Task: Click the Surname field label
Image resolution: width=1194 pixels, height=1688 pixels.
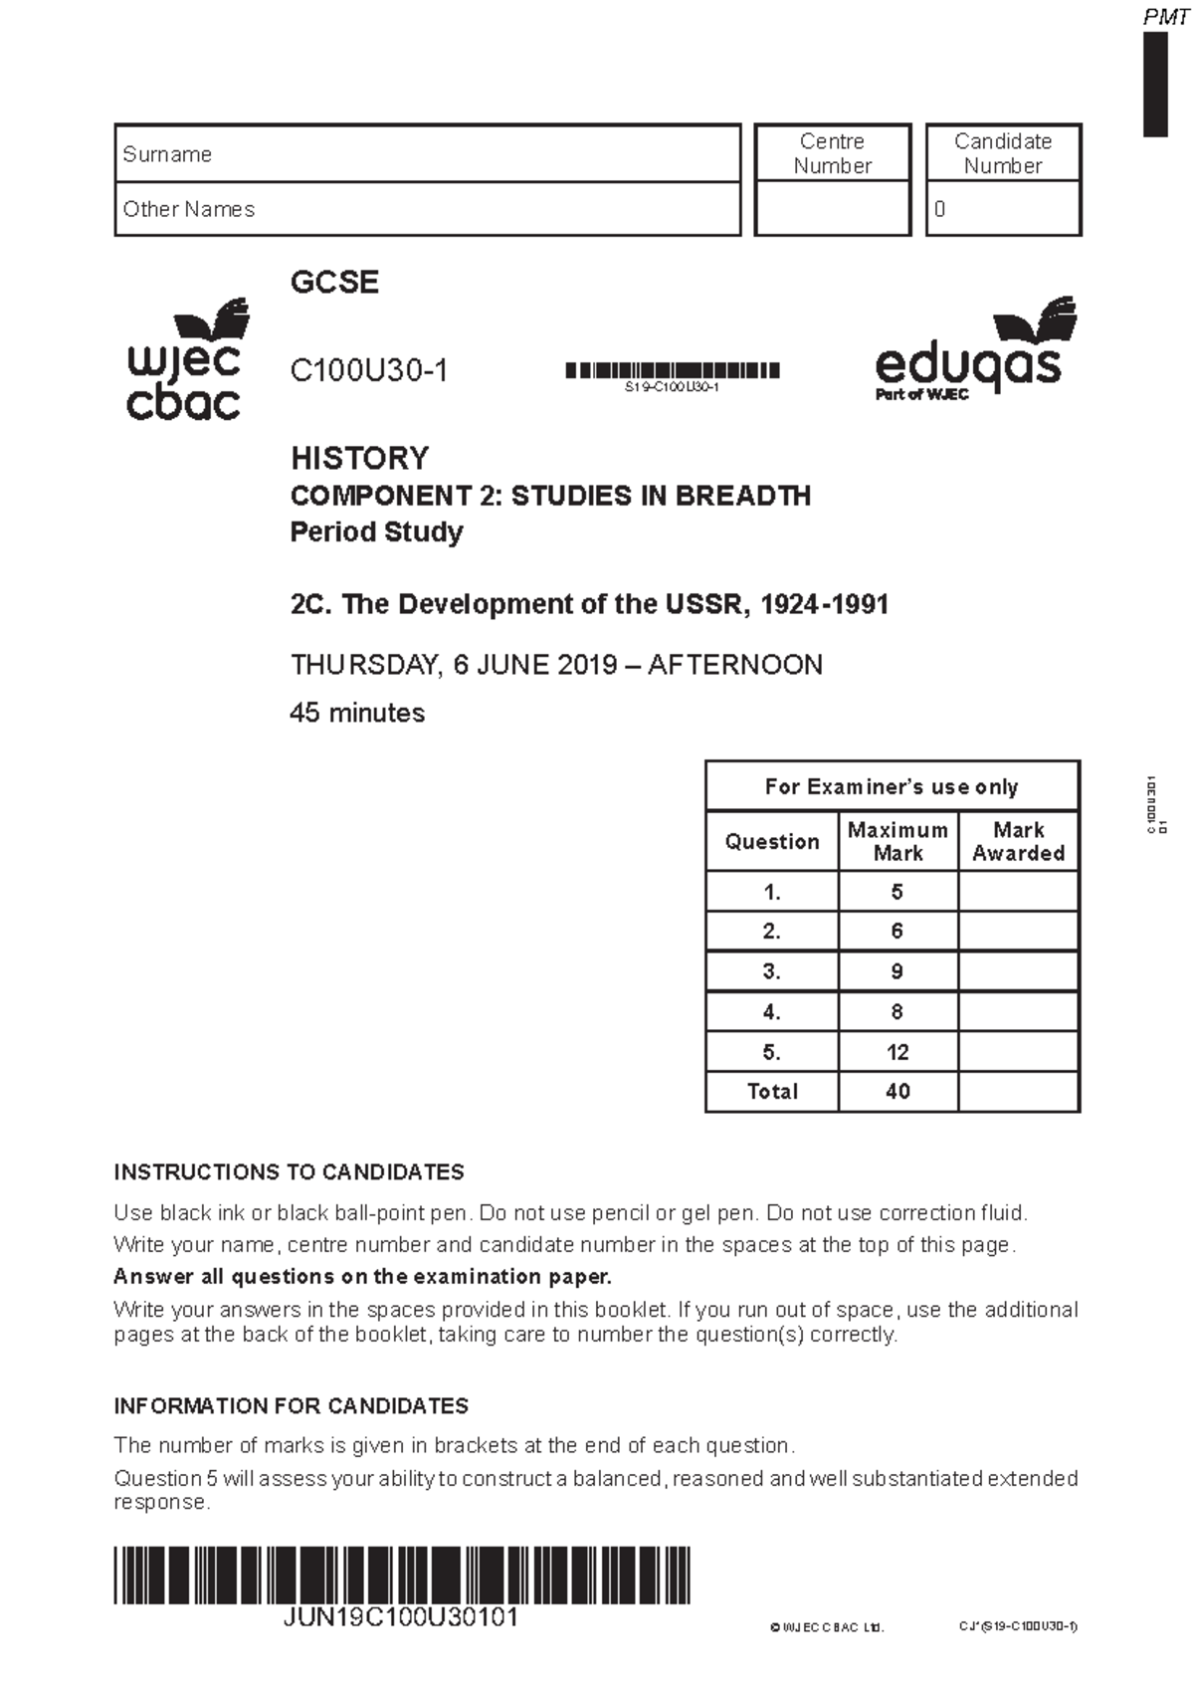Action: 167,154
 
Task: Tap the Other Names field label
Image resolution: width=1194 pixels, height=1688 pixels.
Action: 188,209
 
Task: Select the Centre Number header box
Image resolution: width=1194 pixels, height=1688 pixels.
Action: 832,153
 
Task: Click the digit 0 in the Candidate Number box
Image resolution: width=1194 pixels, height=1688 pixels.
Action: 939,209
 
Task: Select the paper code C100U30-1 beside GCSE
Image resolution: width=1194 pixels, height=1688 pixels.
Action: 368,370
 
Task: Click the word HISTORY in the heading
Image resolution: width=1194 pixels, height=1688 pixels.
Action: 359,458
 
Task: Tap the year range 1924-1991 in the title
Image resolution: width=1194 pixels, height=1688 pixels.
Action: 824,604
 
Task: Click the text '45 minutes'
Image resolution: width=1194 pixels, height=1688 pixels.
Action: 356,713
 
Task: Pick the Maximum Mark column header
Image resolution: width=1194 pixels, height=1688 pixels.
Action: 897,841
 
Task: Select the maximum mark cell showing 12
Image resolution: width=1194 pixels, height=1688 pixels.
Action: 897,1052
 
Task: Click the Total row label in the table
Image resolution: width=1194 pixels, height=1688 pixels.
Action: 772,1091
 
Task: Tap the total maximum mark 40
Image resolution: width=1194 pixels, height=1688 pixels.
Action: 897,1091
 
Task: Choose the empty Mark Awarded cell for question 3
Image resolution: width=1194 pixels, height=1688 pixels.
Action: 1018,971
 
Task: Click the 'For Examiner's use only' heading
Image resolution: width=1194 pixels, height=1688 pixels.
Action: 892,786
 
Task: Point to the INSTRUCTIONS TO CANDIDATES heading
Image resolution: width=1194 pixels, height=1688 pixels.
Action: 289,1171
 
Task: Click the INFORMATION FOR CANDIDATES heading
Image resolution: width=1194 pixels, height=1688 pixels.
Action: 291,1405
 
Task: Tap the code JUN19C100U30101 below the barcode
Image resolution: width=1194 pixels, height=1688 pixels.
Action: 400,1616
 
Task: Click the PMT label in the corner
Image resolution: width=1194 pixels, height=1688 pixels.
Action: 1165,17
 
